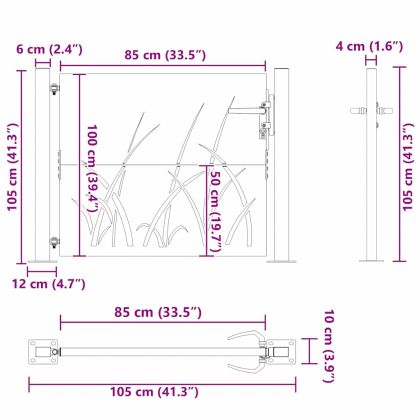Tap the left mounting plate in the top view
pyautogui.click(x=43, y=351)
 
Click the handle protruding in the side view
pyautogui.click(x=358, y=109)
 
